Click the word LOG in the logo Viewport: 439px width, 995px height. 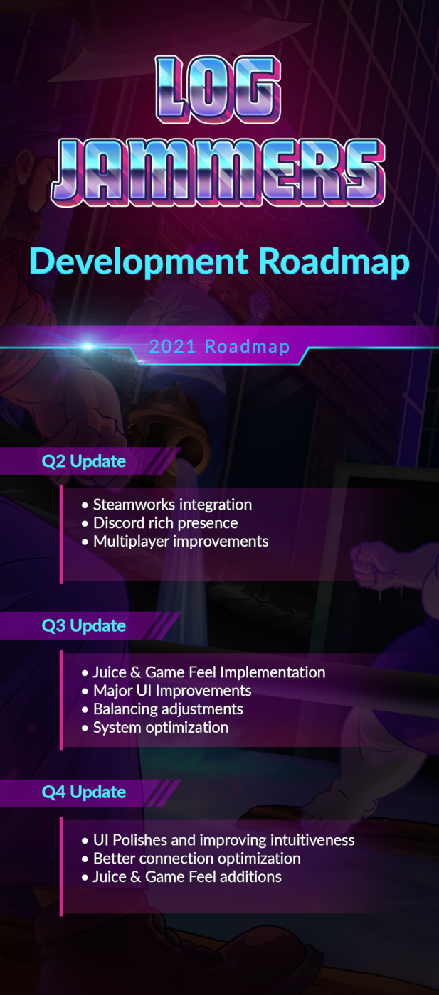pyautogui.click(x=218, y=90)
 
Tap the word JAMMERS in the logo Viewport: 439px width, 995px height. pyautogui.click(x=218, y=172)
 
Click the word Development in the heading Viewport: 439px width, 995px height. pyautogui.click(x=139, y=262)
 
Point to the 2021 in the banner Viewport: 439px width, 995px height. pyautogui.click(x=173, y=347)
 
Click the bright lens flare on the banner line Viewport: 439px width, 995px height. pyautogui.click(x=88, y=345)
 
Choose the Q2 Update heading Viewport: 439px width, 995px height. pyautogui.click(x=84, y=461)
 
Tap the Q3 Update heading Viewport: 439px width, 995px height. pyautogui.click(x=84, y=626)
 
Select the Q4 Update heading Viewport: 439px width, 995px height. pyautogui.click(x=84, y=792)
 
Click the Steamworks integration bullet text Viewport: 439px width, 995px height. pyautogui.click(x=173, y=505)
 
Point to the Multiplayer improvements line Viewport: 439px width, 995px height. pyautogui.click(x=181, y=542)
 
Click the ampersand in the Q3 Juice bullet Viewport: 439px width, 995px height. pyautogui.click(x=136, y=672)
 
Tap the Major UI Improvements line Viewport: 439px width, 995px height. pyautogui.click(x=172, y=691)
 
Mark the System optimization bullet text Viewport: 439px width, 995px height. pyautogui.click(x=161, y=728)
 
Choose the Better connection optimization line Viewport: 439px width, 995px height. pyautogui.click(x=196, y=859)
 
